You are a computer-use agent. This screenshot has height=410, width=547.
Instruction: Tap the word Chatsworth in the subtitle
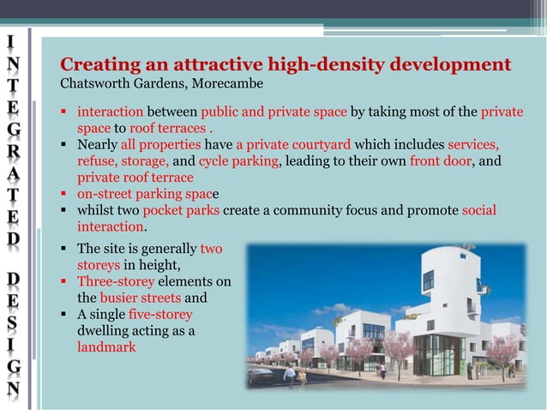coord(92,85)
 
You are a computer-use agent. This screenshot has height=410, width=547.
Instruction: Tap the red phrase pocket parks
coord(178,211)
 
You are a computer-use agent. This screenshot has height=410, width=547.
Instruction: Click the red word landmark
coord(106,347)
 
